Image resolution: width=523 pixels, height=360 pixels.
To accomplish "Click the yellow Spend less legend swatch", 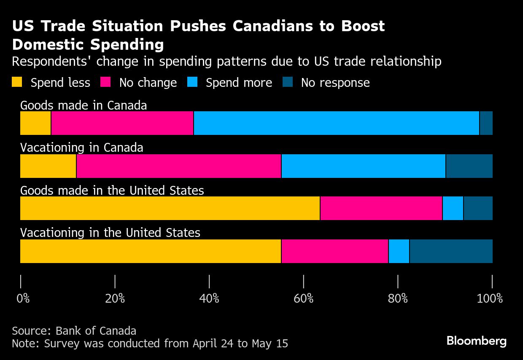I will [17, 82].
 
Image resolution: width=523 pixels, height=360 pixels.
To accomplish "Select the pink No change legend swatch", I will [105, 82].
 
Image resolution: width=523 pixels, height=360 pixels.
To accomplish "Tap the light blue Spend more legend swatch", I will [192, 82].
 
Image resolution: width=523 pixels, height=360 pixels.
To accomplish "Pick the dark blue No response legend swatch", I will [287, 82].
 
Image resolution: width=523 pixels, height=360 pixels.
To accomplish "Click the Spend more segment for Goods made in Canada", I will [336, 123].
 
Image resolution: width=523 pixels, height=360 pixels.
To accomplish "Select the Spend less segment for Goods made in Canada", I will [35, 123].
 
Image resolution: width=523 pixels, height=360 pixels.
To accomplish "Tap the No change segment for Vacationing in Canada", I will [178, 166].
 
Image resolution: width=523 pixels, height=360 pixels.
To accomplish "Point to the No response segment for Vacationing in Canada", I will [469, 166].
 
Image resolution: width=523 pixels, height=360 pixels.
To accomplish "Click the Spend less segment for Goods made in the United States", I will [170, 208].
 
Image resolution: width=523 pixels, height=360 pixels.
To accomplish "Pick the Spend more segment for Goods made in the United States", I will [453, 208].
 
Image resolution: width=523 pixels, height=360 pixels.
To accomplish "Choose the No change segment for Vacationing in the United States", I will [334, 251].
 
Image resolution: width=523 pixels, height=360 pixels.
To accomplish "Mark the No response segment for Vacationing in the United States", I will [451, 251].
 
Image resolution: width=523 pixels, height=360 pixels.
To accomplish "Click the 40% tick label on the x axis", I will [209, 299].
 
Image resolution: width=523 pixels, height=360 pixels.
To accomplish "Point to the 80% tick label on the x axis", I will [398, 299].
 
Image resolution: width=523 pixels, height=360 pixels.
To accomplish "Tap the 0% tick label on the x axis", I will [23, 299].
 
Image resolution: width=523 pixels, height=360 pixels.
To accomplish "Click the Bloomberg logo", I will [477, 341].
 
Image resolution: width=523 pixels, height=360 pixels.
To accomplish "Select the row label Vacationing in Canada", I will [82, 148].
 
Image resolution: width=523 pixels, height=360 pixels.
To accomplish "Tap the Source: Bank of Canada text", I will [74, 330].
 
